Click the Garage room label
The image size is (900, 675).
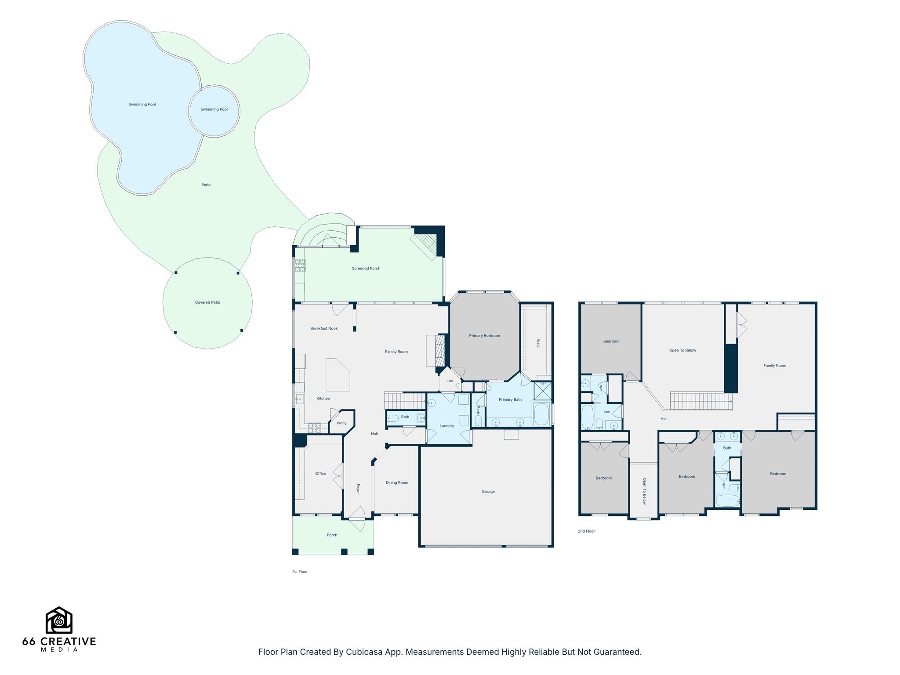(488, 492)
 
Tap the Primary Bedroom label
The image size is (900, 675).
(484, 336)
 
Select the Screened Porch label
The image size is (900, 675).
(366, 269)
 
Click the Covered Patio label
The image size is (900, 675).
(207, 302)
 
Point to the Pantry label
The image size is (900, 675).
(341, 423)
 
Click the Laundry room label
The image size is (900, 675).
(447, 426)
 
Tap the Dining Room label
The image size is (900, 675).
(397, 483)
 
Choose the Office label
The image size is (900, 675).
(321, 474)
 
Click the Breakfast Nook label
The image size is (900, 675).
(324, 329)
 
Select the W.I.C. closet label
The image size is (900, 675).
(538, 343)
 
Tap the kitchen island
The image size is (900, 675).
(337, 374)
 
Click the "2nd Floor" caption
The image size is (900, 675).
(586, 531)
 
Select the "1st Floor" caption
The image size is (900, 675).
(300, 572)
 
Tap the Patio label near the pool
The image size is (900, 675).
(206, 185)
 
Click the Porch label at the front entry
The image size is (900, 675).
(332, 535)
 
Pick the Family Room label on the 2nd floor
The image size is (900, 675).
(775, 366)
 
